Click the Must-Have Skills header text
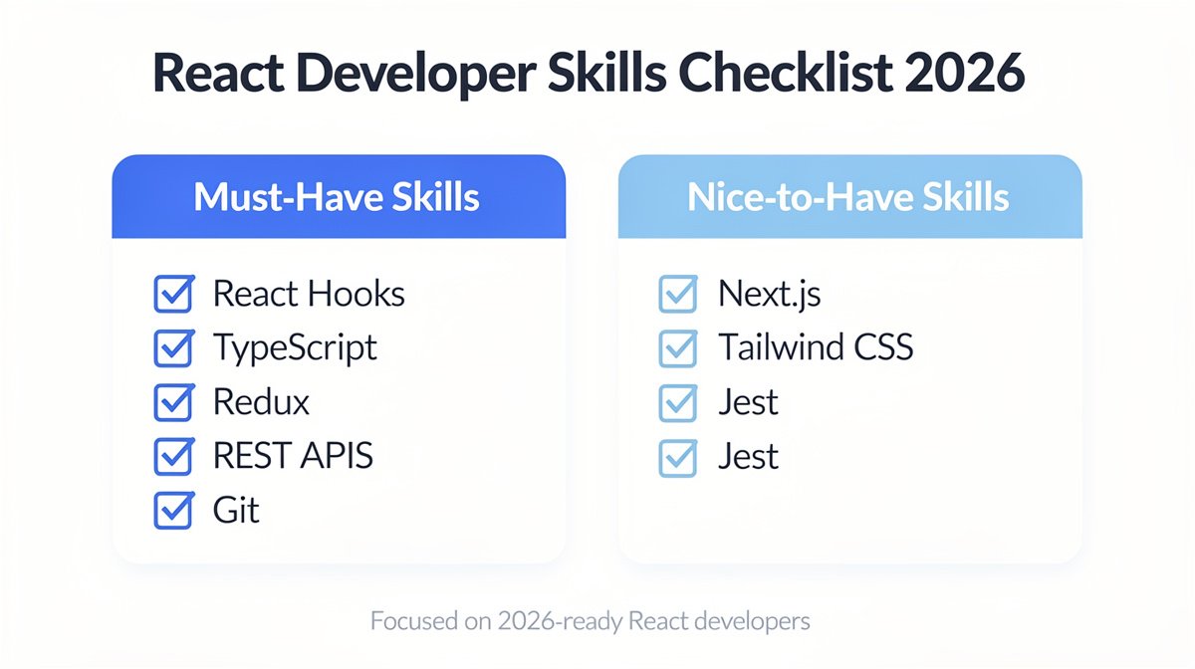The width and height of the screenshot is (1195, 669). click(x=337, y=196)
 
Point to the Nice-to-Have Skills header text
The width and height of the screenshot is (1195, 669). click(x=848, y=196)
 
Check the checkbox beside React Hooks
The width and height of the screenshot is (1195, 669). click(x=173, y=295)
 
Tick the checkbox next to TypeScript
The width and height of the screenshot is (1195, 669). click(x=173, y=348)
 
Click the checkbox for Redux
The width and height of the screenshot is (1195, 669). click(x=173, y=402)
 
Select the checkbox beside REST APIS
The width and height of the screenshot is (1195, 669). click(x=173, y=456)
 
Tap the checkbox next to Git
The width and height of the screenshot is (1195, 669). click(x=173, y=510)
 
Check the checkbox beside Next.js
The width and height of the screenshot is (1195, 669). click(x=678, y=295)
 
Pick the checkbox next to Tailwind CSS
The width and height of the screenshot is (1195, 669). click(x=678, y=348)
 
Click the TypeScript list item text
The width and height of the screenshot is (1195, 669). click(x=295, y=348)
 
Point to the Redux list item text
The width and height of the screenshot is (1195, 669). click(x=261, y=402)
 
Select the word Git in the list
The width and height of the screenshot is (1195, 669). click(x=236, y=510)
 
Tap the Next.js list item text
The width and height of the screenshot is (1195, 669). click(x=769, y=295)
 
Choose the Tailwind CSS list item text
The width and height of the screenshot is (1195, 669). click(x=815, y=348)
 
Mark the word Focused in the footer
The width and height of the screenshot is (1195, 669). click(x=409, y=622)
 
